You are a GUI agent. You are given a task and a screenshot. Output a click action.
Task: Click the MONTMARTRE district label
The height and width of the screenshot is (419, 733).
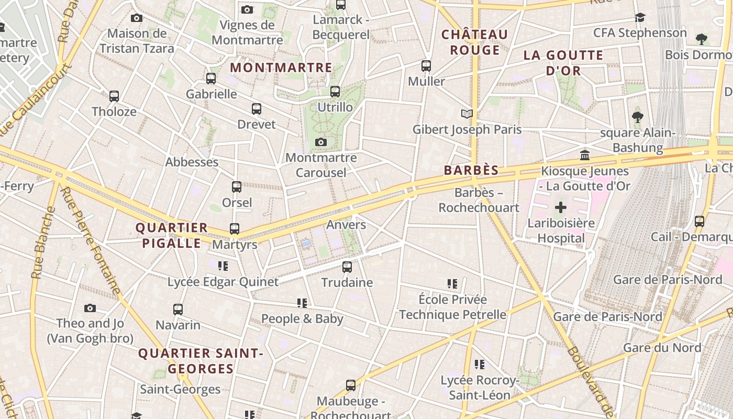[281, 68]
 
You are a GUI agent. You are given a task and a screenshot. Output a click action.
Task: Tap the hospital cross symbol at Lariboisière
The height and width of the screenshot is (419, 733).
[561, 207]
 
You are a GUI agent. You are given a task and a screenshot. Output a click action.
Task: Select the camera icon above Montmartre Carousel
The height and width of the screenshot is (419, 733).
[321, 142]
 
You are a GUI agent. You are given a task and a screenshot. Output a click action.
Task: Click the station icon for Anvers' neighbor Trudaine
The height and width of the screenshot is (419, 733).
[347, 267]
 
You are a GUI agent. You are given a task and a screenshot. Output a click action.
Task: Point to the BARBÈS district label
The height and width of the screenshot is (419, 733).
[471, 170]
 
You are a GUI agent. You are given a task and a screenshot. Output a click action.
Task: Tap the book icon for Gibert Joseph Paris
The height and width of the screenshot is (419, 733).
[467, 114]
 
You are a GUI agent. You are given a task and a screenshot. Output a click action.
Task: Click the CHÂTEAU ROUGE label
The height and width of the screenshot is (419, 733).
[474, 42]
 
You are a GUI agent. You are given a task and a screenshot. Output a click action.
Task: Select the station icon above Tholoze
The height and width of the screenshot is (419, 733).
[114, 96]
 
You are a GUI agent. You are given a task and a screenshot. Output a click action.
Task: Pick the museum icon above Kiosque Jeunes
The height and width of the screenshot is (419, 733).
[585, 155]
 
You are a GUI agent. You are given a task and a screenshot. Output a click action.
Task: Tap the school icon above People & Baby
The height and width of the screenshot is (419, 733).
[302, 303]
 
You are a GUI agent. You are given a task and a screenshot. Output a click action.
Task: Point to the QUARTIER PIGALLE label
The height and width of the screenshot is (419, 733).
[172, 235]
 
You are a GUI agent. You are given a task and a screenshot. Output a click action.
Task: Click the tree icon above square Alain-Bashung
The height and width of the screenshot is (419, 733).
[637, 117]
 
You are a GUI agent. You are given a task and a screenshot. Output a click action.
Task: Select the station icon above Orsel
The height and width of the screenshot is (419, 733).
[237, 187]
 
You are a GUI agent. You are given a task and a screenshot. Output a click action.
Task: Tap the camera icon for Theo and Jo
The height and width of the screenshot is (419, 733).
[90, 308]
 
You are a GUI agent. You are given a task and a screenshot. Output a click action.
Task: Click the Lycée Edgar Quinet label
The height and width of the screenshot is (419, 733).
[223, 282]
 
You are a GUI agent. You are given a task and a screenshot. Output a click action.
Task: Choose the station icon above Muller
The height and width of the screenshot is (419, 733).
[426, 66]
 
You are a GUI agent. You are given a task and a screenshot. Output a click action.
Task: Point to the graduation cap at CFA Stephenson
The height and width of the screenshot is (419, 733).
[640, 18]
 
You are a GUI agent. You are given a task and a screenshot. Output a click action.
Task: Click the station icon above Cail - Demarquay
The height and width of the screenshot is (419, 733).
[699, 222]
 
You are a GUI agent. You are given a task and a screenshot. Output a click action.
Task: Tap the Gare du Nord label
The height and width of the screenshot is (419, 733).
[662, 348]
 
